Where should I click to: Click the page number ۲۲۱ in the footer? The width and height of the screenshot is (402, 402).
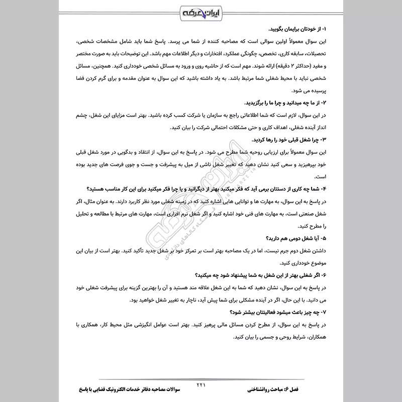tap(200, 385)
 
